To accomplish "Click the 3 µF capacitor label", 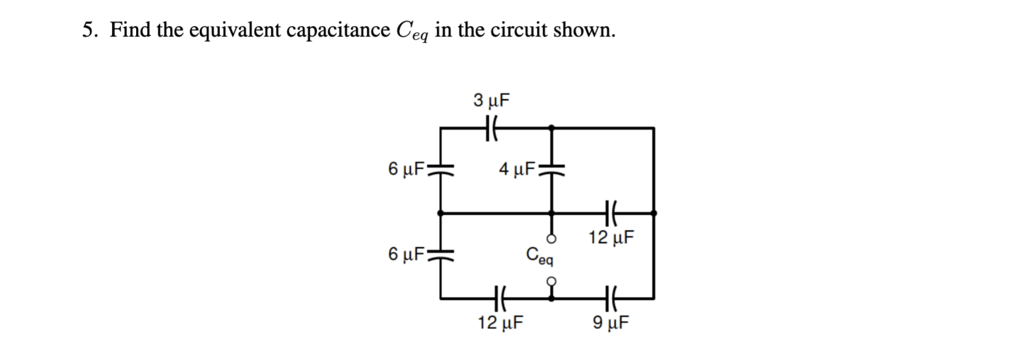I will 492,100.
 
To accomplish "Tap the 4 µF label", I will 517,168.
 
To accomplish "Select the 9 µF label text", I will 611,322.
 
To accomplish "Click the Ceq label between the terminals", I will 539,255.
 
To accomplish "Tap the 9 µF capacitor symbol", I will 610,298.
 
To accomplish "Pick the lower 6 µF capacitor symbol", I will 440,254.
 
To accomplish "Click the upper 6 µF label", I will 406,168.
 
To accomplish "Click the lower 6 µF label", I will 406,254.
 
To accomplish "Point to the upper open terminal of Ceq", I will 552,238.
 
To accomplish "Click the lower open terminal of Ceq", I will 552,280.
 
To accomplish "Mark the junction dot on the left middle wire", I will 440,213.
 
